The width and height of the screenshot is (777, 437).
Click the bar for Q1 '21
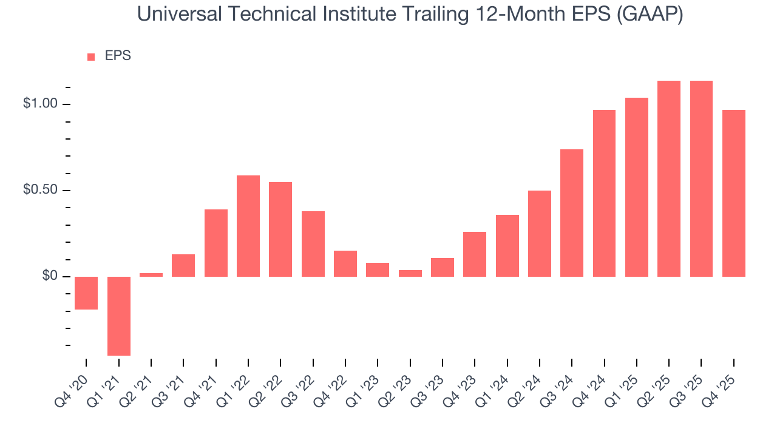[x=119, y=316]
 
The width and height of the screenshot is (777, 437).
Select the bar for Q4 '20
[x=86, y=293]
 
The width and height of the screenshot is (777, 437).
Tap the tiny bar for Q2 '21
[x=151, y=275]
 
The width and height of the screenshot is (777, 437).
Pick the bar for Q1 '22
[x=248, y=226]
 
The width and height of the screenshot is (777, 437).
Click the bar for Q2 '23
[x=410, y=273]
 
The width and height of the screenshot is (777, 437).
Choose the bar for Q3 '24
[x=572, y=212]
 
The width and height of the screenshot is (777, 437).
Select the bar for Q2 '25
[x=669, y=178]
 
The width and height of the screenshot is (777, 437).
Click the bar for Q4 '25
[x=734, y=193]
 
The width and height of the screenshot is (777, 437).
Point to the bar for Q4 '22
[x=345, y=263]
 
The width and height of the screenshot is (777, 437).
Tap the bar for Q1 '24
[x=507, y=246]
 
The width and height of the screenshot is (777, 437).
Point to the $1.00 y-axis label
[x=39, y=104]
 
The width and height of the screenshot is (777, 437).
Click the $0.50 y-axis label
[x=39, y=190]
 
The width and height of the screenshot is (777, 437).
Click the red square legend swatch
[x=91, y=56]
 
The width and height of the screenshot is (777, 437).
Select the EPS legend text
[x=118, y=56]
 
